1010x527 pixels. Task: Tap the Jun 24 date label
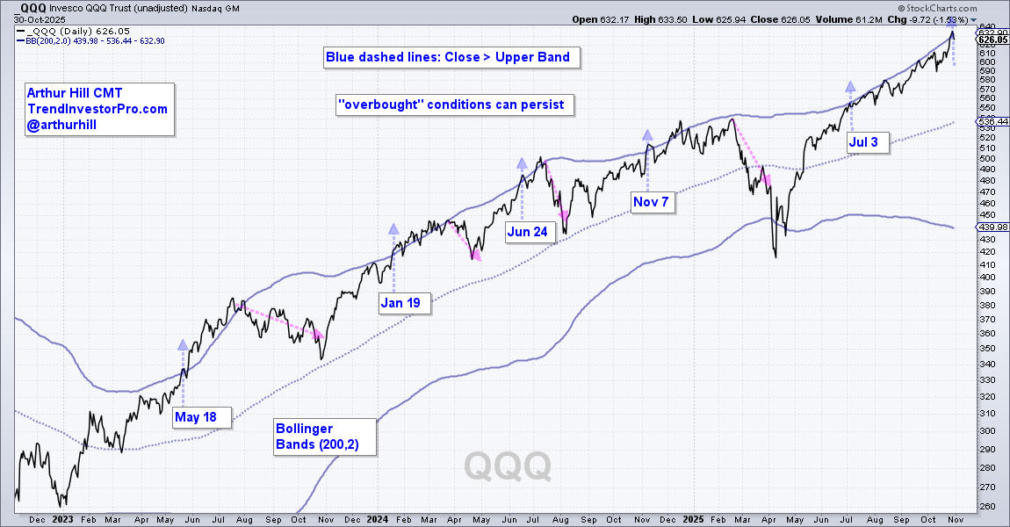click(x=530, y=232)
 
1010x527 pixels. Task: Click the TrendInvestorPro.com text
click(x=97, y=110)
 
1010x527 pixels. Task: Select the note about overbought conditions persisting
click(x=456, y=105)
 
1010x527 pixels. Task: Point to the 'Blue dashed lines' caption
click(x=448, y=57)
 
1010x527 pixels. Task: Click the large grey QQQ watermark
click(x=508, y=465)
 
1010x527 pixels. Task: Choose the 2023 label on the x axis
click(x=63, y=519)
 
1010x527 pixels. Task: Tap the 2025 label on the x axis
click(x=693, y=519)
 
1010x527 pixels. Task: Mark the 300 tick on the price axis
click(x=988, y=431)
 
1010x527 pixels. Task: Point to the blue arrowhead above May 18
click(x=183, y=345)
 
